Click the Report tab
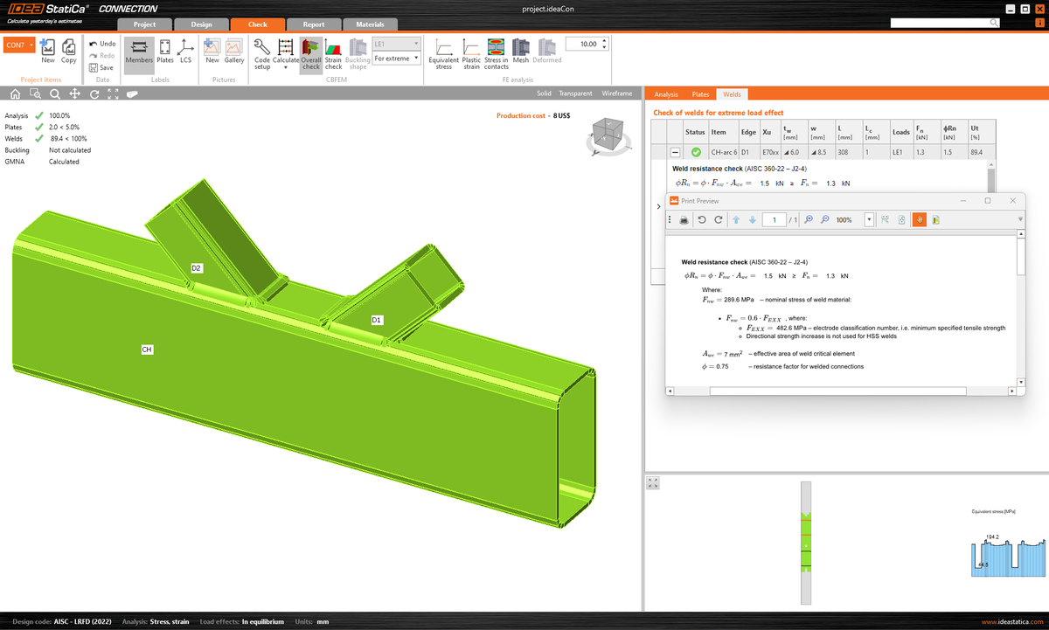click(313, 24)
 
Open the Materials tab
click(370, 24)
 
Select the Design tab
click(201, 24)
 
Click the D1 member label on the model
click(377, 321)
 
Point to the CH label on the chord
click(148, 350)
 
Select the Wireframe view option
click(616, 93)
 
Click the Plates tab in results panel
click(700, 94)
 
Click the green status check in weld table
click(696, 153)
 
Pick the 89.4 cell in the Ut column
click(976, 153)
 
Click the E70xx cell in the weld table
click(772, 153)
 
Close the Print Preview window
click(1011, 200)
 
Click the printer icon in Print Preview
click(684, 220)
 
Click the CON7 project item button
click(18, 44)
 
